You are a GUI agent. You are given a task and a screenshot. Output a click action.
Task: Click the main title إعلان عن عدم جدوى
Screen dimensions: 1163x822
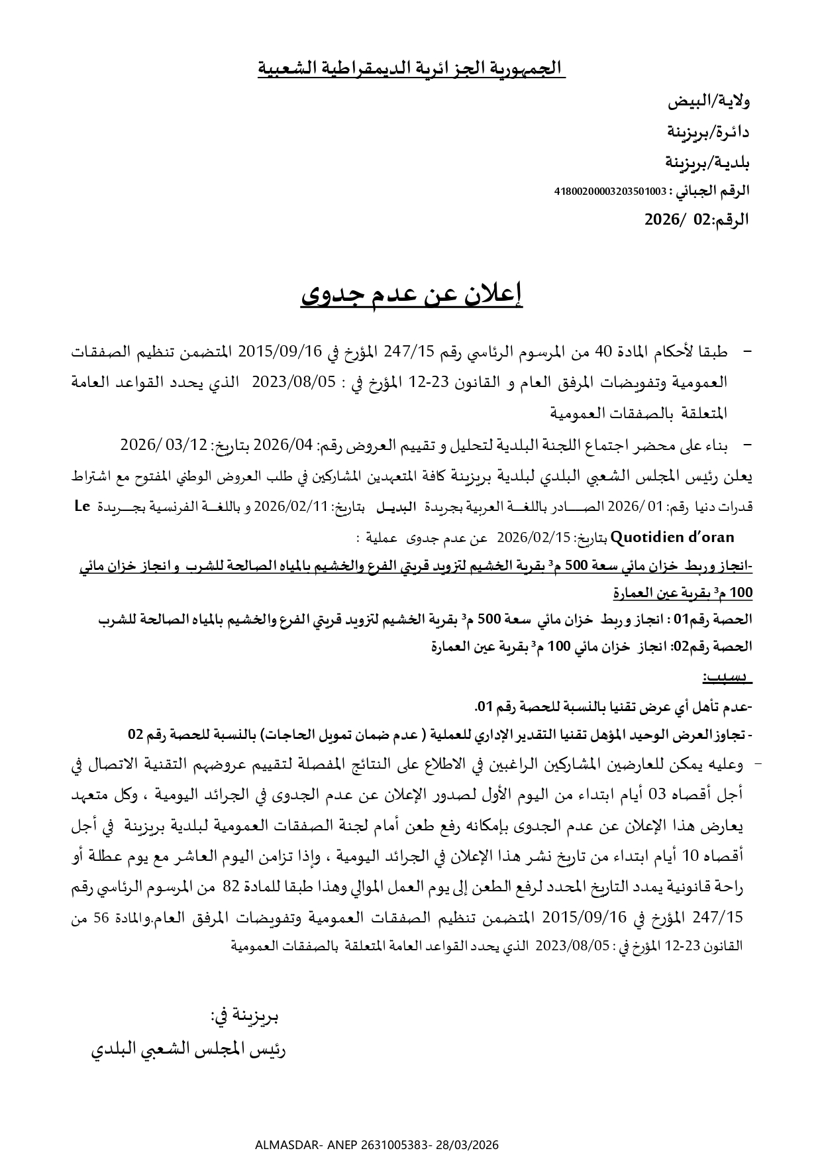tap(411, 296)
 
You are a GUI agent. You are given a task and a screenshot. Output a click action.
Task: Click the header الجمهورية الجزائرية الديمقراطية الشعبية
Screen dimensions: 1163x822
tap(411, 68)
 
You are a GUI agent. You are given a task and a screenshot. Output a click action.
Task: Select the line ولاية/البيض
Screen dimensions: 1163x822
tap(708, 102)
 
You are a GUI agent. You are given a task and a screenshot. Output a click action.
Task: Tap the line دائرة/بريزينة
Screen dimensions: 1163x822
tap(707, 132)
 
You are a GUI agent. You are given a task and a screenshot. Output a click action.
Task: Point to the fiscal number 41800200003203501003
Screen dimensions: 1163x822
tap(610, 192)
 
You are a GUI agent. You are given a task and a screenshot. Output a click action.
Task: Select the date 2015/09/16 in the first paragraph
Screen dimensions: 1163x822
tap(279, 352)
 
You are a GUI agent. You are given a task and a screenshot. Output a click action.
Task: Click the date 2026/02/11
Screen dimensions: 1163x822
tap(291, 507)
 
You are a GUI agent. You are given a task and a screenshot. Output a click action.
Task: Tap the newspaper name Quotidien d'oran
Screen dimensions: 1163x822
tap(672, 537)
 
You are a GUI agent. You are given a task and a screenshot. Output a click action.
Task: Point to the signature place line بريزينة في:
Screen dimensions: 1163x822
tap(244, 1015)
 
